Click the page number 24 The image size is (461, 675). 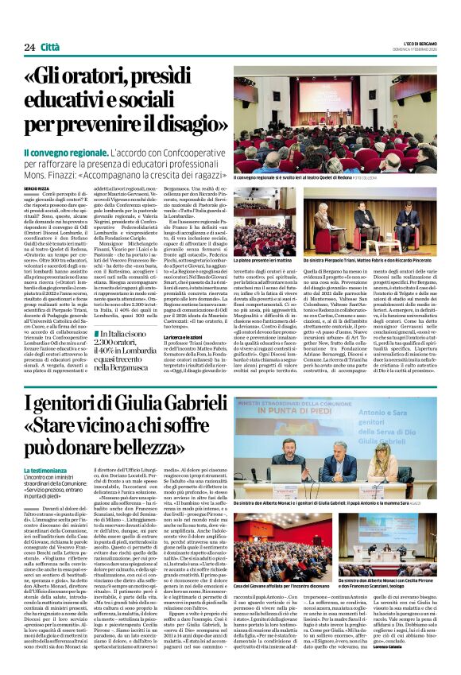click(29, 47)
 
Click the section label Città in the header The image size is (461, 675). click(51, 47)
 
